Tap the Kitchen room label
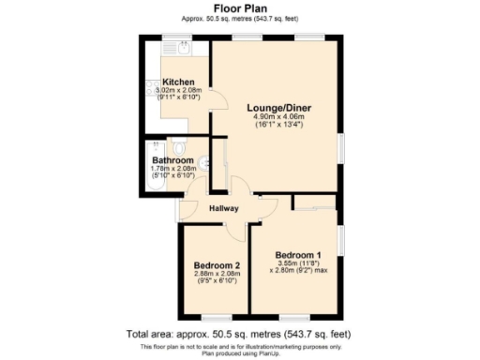click(x=178, y=82)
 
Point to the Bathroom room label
click(x=172, y=160)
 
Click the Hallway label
click(x=223, y=208)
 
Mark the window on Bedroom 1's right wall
click(x=341, y=244)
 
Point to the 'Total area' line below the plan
click(x=239, y=334)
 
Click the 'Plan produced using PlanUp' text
click(x=239, y=352)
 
